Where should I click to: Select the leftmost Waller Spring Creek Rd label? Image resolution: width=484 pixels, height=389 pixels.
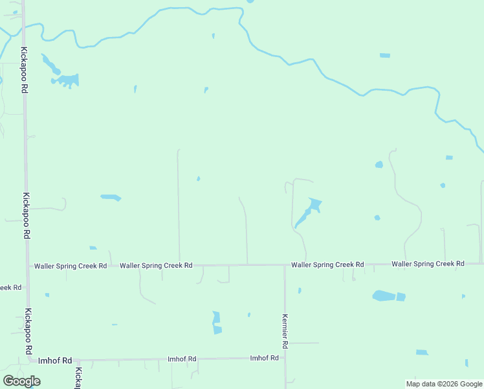point(71,266)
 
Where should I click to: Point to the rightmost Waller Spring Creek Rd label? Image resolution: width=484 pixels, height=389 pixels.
point(428,264)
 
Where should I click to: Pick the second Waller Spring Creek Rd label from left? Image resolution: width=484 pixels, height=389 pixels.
point(156,265)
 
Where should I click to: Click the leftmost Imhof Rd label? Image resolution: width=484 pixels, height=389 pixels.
point(55,360)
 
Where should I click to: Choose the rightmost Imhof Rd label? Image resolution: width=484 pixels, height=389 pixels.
point(264,358)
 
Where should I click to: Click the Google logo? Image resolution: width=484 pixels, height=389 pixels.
point(21,381)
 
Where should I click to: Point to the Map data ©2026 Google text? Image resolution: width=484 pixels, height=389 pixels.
point(443,384)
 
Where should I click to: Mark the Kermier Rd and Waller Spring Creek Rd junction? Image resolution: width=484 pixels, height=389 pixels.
point(285,265)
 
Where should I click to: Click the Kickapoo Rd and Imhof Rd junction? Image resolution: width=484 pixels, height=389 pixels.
point(31,360)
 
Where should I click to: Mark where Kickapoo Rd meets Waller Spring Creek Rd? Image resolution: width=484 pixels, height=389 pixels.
point(28,266)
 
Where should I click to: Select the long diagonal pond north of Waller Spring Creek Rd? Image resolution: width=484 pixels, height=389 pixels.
point(308,213)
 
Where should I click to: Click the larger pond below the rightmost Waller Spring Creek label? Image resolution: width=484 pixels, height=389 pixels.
point(384,296)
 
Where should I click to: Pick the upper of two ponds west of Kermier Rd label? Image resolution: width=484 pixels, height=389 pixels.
point(216,316)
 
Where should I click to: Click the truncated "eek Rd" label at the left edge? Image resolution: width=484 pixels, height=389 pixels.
point(11,287)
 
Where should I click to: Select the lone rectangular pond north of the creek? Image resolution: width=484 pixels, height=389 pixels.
point(385,55)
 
